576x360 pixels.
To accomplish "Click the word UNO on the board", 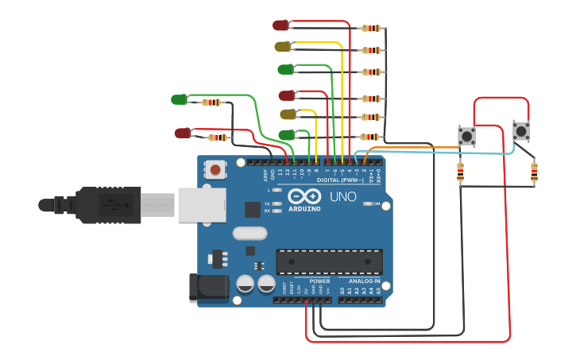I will click(343, 196).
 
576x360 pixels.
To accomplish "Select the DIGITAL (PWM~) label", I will click(340, 180).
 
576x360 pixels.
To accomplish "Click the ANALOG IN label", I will click(364, 281).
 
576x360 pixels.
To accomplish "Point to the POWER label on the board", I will click(319, 281).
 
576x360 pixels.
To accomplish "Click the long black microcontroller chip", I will click(329, 261).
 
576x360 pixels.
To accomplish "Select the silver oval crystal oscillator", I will click(250, 234).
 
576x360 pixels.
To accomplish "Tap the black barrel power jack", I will click(208, 288).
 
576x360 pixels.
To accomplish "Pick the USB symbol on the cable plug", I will click(117, 205).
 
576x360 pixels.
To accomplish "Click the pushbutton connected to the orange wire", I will click(466, 136).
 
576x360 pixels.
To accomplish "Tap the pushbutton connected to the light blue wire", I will click(521, 131).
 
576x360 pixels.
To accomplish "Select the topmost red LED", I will click(280, 25).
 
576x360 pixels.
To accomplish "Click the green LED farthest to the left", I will click(179, 99).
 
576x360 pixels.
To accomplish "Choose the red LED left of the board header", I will click(182, 134).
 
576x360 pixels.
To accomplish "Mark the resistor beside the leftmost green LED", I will click(211, 103).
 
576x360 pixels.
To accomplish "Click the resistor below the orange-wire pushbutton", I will click(461, 172).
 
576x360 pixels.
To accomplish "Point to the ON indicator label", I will click(376, 203).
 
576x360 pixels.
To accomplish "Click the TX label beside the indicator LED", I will click(267, 203).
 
